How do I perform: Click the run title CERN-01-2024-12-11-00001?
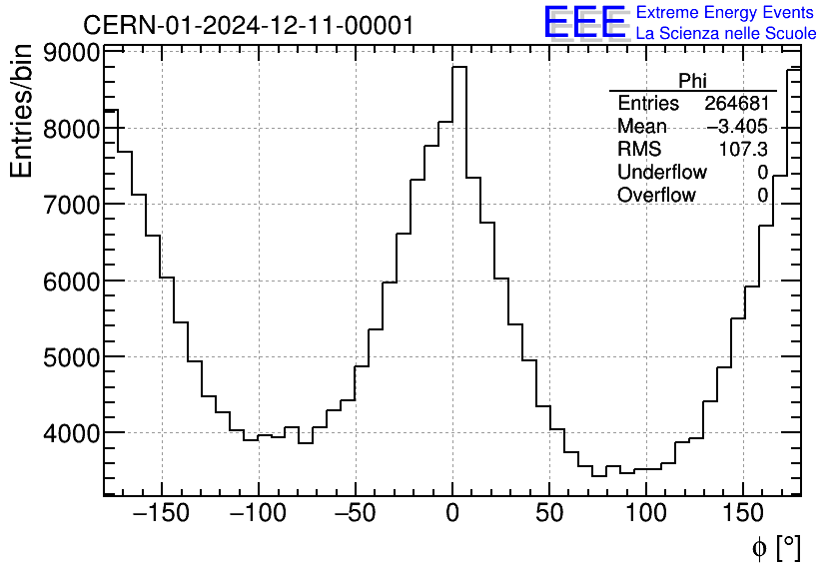(248, 25)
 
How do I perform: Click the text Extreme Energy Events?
(726, 13)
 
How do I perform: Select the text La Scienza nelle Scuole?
(726, 33)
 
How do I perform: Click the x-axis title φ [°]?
(775, 547)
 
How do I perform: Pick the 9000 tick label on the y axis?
(72, 53)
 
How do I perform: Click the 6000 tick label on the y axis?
(72, 282)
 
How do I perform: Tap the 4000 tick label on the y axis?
(72, 433)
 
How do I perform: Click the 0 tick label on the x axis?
(452, 515)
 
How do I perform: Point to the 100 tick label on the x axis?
(646, 515)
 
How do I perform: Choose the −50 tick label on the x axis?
(356, 515)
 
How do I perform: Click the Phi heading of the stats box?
(693, 81)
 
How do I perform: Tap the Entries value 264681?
(736, 104)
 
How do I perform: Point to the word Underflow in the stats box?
(661, 173)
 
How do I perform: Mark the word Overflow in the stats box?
(656, 196)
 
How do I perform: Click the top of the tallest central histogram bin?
(459, 67)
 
